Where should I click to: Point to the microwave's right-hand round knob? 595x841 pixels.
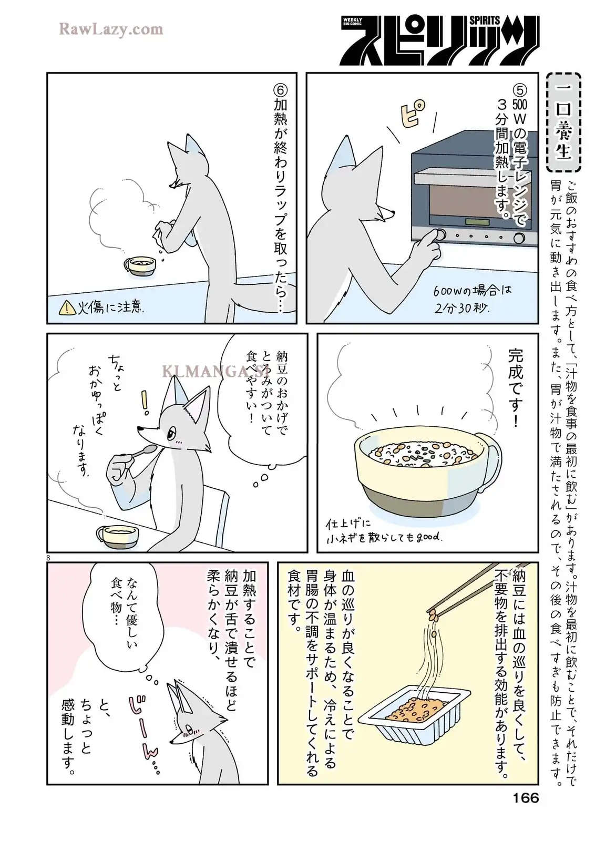coord(519,238)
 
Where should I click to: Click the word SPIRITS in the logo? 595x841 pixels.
coord(485,20)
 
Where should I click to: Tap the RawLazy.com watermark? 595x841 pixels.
coord(111,29)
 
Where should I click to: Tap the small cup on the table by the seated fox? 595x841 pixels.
coord(117,536)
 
